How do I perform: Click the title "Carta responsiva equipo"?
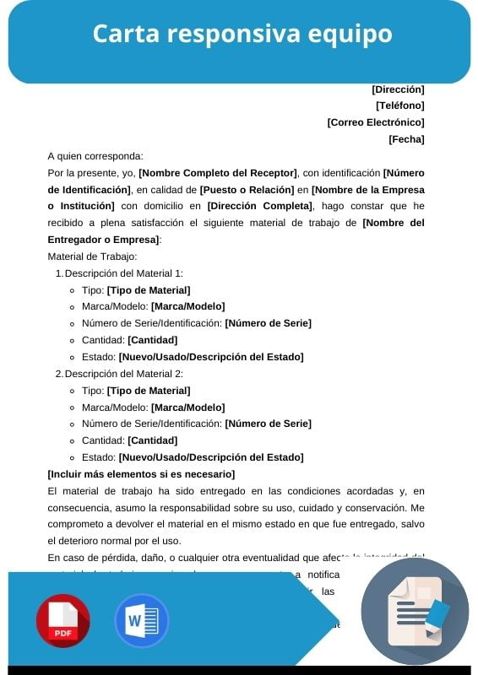tap(242, 34)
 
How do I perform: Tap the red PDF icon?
tap(62, 620)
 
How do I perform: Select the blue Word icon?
tap(141, 620)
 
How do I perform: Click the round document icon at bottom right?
tap(415, 611)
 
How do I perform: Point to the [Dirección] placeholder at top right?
tap(398, 89)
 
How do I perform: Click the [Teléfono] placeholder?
tap(399, 105)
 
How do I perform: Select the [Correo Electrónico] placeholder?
tap(376, 122)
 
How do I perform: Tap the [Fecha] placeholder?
tap(406, 139)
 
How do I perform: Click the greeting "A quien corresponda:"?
tap(95, 156)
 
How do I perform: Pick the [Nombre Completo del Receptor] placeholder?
tap(218, 173)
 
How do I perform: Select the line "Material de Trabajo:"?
tap(92, 256)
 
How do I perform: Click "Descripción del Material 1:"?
tap(123, 273)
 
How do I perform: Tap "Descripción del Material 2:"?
tap(123, 374)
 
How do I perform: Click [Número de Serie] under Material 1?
tap(268, 323)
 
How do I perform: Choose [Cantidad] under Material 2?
tap(152, 440)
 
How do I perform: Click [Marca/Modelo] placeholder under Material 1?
tap(187, 306)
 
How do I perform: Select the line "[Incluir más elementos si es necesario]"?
tap(141, 474)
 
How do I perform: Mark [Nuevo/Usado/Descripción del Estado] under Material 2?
tap(210, 457)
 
